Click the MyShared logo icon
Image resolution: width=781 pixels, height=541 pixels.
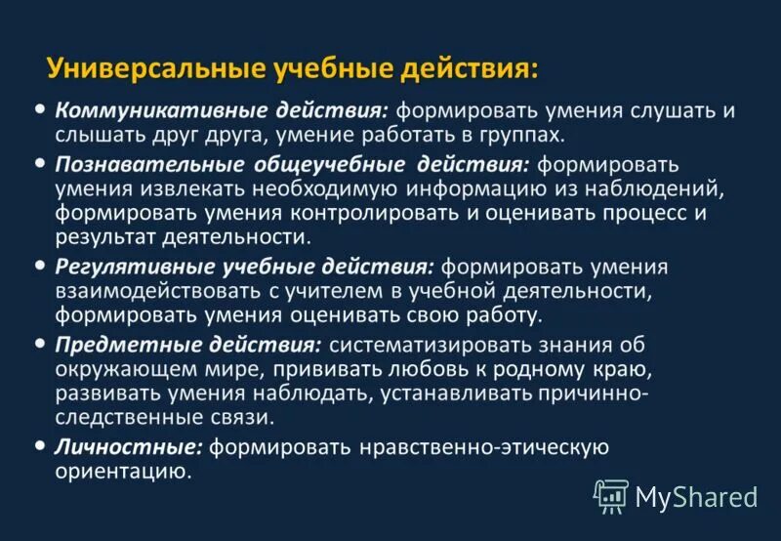coord(611,496)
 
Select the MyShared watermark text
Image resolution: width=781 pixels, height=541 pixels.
coord(696,497)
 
